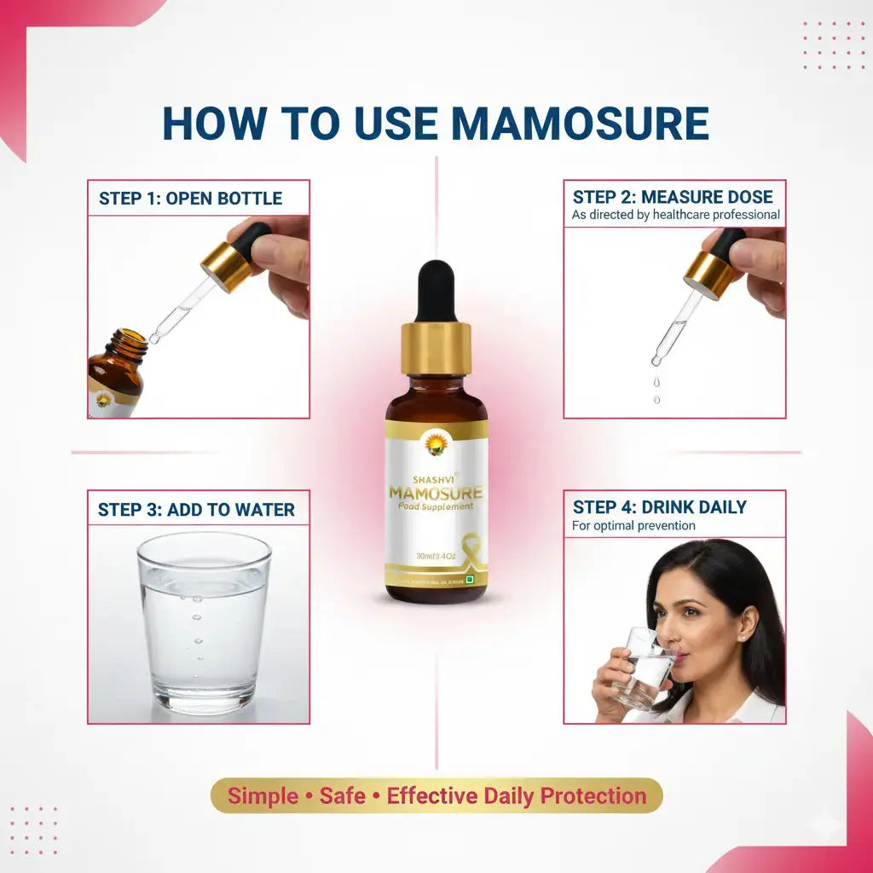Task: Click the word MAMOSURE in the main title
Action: click(580, 124)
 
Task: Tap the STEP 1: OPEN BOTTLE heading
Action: click(190, 199)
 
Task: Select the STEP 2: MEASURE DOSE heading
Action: click(673, 196)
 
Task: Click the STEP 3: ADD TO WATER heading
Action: click(196, 510)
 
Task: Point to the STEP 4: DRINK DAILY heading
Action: click(659, 507)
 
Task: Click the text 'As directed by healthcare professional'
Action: click(675, 215)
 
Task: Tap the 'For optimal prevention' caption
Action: click(633, 526)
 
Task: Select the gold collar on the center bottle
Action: click(436, 348)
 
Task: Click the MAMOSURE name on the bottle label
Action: click(436, 493)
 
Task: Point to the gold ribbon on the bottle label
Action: click(468, 546)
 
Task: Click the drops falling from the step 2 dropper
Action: click(656, 388)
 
